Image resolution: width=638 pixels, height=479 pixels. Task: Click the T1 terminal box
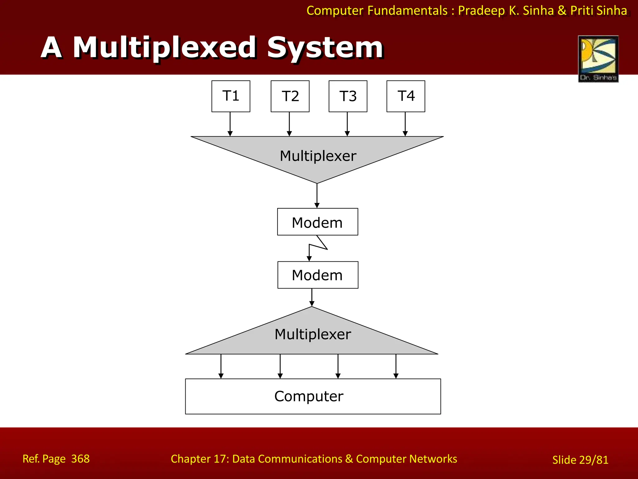click(x=231, y=96)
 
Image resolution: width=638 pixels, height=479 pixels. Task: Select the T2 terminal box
click(x=290, y=96)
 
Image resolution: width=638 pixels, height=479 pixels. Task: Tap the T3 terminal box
click(x=348, y=96)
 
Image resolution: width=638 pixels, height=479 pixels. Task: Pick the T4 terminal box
click(x=406, y=96)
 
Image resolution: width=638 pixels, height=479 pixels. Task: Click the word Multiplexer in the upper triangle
click(x=318, y=156)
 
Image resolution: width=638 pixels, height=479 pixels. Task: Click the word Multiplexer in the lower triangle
click(x=312, y=334)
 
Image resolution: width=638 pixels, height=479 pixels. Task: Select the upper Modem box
click(x=317, y=222)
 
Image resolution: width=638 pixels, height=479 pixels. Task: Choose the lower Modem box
click(x=317, y=275)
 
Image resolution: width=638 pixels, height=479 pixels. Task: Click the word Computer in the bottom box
click(x=309, y=396)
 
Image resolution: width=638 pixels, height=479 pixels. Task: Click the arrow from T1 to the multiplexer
click(x=230, y=124)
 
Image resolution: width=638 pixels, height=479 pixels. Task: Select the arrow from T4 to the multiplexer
click(x=405, y=124)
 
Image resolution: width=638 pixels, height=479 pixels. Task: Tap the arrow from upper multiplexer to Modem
click(x=317, y=196)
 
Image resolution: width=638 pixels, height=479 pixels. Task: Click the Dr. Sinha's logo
click(x=598, y=59)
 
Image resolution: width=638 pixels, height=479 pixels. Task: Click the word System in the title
click(x=325, y=48)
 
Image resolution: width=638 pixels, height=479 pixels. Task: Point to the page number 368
click(x=80, y=459)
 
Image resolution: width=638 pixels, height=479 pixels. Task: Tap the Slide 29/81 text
click(x=580, y=460)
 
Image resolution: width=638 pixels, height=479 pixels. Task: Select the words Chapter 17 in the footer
click(x=199, y=459)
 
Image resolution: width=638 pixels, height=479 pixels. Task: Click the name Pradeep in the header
click(x=481, y=11)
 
